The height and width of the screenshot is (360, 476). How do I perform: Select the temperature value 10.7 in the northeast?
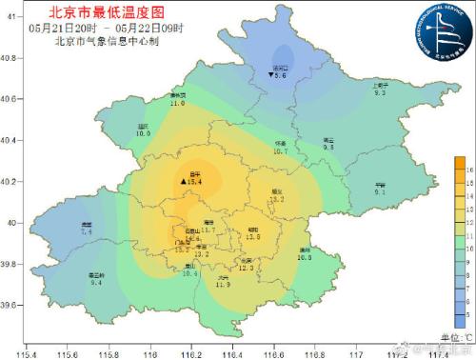280,151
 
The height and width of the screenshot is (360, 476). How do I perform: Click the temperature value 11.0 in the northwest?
177,103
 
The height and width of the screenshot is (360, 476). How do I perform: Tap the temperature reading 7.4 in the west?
87,231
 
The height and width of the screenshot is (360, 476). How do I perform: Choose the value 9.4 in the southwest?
96,283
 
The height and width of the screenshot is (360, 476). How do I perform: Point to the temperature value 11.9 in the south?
223,285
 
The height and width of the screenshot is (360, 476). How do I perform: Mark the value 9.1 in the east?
380,192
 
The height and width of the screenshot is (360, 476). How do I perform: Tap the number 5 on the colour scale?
459,312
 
